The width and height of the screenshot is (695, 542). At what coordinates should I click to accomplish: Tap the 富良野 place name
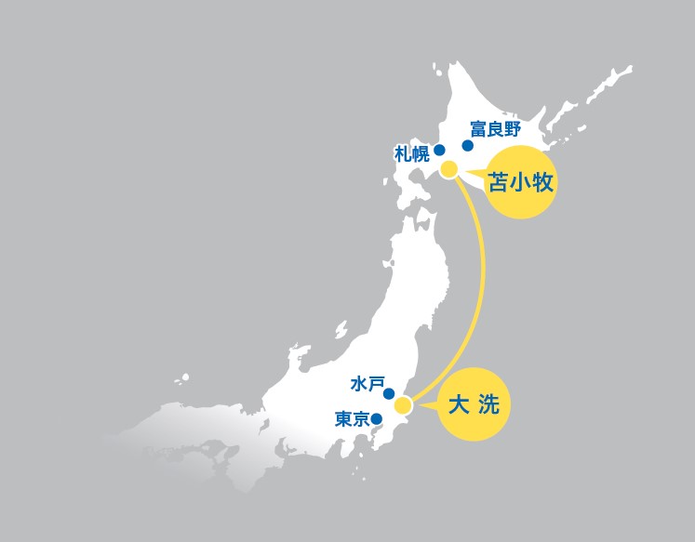pos(494,128)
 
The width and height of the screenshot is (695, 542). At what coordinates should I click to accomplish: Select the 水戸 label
pos(368,383)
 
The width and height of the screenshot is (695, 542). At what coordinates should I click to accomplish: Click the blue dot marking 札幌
pos(439,149)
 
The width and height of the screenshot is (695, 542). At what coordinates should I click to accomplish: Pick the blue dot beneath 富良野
pos(467,145)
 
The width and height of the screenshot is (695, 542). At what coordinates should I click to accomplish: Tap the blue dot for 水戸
pos(389,393)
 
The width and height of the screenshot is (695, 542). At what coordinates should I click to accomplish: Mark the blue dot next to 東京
pos(377,418)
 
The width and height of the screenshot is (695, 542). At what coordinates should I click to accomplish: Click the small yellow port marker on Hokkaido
pos(449,169)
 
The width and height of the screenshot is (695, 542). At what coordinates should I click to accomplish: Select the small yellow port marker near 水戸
pos(403,405)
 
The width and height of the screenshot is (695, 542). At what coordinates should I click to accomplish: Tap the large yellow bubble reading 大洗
pos(474,405)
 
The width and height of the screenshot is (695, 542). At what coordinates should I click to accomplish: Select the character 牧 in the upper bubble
pos(543,182)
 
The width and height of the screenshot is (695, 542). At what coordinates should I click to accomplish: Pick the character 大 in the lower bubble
pos(459,405)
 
